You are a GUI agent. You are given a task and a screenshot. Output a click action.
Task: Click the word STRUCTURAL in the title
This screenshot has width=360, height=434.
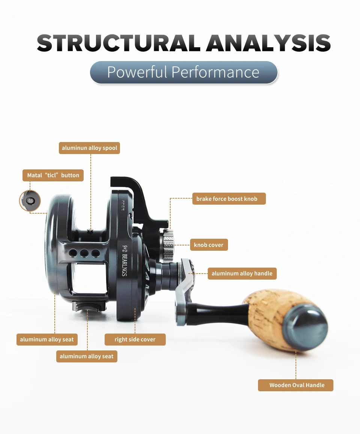point(118,43)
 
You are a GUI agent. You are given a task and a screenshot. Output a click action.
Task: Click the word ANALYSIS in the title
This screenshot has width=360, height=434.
point(268,43)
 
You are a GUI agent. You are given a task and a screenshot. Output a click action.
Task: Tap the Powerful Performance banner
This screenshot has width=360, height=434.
point(183,72)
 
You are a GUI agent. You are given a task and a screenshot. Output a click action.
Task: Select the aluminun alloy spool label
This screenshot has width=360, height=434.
point(89,148)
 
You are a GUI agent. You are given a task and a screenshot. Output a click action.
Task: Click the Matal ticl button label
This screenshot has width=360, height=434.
point(53,175)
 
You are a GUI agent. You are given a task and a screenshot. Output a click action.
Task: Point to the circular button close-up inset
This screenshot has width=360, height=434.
point(30,201)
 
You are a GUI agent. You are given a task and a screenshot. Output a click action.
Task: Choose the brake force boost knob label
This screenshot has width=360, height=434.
point(226,199)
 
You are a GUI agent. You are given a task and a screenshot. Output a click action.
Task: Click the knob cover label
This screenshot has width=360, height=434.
point(208,245)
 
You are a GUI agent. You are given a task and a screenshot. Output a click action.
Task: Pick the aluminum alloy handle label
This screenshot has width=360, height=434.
point(242,274)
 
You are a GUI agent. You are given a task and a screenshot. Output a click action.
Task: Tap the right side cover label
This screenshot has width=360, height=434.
point(135,340)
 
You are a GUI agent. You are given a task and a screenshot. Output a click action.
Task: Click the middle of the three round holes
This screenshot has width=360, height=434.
point(84,253)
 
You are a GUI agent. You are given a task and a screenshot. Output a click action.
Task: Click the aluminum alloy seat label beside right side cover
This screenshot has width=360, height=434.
point(47,340)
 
